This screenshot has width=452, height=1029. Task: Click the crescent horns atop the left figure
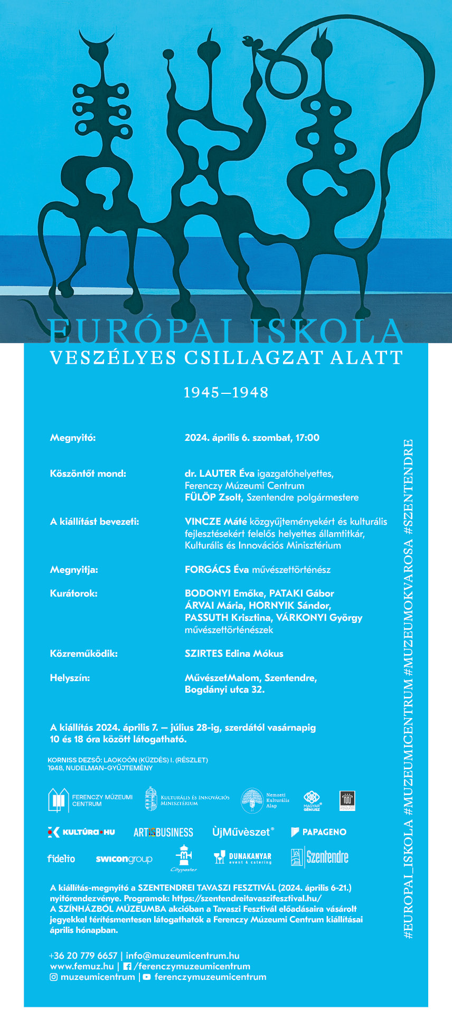point(96,40)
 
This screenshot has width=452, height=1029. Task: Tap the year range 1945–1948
point(226,392)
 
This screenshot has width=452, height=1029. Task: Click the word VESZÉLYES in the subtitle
point(112,358)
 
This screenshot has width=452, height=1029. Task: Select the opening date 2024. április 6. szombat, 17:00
point(252,438)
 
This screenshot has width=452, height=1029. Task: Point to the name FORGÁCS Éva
point(216,570)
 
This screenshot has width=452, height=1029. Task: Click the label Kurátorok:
point(73,593)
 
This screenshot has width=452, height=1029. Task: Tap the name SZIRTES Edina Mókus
point(234,654)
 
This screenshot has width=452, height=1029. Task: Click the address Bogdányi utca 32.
point(224,690)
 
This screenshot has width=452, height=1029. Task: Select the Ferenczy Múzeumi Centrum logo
point(90,800)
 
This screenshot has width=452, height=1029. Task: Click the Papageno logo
point(318,832)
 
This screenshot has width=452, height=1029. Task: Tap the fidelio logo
point(61,858)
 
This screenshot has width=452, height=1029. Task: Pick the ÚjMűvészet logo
point(243,832)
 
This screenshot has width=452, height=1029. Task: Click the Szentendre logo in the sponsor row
point(319,857)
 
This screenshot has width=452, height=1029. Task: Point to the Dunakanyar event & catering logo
point(242,858)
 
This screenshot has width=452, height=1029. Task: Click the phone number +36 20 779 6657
point(83,956)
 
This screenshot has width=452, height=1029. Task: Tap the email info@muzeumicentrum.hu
point(183,956)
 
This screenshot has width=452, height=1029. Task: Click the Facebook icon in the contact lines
point(127,966)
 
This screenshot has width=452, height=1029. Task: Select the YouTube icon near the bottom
point(146,977)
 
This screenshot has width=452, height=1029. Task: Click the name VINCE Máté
point(215,522)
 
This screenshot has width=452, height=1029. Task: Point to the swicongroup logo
point(124,859)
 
